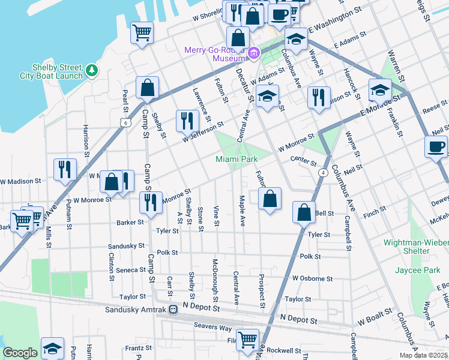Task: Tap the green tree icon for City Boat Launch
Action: (x=92, y=70)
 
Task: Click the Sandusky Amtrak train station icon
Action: (x=173, y=310)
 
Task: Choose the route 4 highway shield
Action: (x=323, y=173)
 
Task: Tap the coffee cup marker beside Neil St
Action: (x=436, y=146)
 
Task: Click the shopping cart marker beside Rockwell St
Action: (x=247, y=340)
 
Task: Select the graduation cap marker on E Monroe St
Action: (x=380, y=90)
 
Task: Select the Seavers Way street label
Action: (x=212, y=326)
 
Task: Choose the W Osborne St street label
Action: (x=312, y=279)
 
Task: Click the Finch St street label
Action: (x=375, y=212)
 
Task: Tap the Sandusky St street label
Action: (x=126, y=246)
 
